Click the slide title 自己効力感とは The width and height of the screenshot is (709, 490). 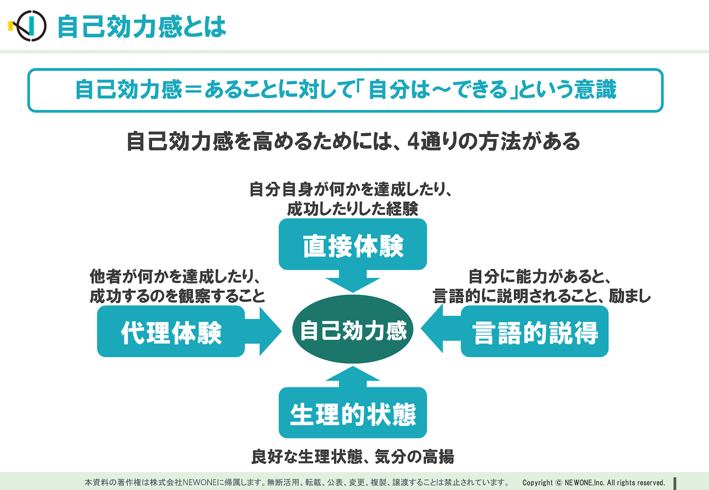[x=142, y=27]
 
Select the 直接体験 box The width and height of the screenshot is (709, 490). [x=353, y=244]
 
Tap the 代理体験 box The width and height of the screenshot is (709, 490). [x=171, y=331]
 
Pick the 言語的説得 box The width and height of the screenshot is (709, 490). [x=534, y=331]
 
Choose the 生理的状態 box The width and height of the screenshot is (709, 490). [x=353, y=413]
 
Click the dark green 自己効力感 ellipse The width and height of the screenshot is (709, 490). [x=353, y=329]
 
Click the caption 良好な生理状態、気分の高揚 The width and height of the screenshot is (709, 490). [x=353, y=456]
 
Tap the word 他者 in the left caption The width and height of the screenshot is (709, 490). [x=105, y=277]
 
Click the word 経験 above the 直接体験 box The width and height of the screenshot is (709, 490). [x=402, y=208]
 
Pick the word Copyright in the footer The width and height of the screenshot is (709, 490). [x=538, y=483]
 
